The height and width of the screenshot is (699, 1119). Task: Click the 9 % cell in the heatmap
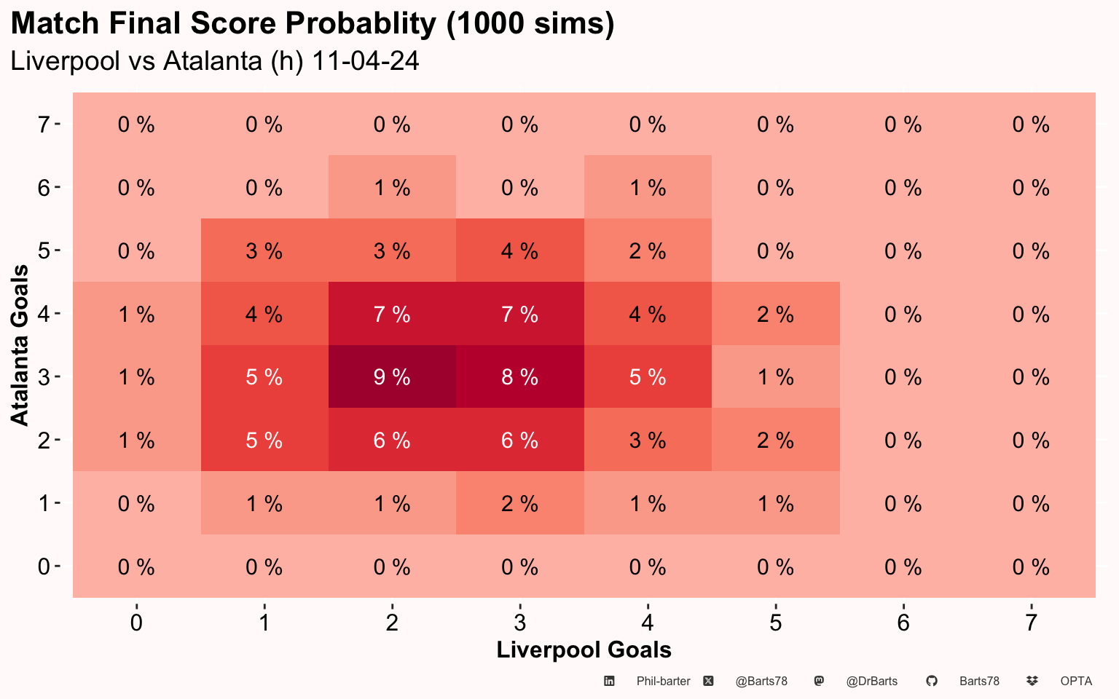[x=392, y=376]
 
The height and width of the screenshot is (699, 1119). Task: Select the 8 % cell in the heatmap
[x=519, y=376]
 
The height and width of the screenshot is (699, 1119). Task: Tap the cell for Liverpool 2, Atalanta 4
[x=392, y=314]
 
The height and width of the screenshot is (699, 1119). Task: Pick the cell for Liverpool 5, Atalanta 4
[x=775, y=314]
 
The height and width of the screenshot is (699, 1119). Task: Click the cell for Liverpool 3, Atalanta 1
[x=519, y=503]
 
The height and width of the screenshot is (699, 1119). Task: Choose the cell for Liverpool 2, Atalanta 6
[x=392, y=187]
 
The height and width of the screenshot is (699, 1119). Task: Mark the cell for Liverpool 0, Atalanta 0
[x=136, y=566]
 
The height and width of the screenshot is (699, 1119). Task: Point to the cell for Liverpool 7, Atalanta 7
[x=1031, y=125]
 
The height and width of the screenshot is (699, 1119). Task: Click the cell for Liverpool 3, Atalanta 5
[x=519, y=250]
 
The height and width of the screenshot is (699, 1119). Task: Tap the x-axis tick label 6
[x=903, y=623]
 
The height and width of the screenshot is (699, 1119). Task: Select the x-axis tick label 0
[x=136, y=623]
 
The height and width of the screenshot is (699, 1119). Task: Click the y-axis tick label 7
[x=44, y=125]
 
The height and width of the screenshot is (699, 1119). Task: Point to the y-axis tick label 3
[x=44, y=377]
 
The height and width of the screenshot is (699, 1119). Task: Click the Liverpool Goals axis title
[x=584, y=649]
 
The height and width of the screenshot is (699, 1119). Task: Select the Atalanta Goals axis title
[x=20, y=345]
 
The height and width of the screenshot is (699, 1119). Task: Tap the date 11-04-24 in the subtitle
[x=366, y=60]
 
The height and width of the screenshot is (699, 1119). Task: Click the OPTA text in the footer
[x=1076, y=682]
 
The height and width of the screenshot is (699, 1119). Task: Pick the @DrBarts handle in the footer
[x=871, y=682]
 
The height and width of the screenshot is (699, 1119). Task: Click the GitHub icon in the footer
[x=931, y=681]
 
